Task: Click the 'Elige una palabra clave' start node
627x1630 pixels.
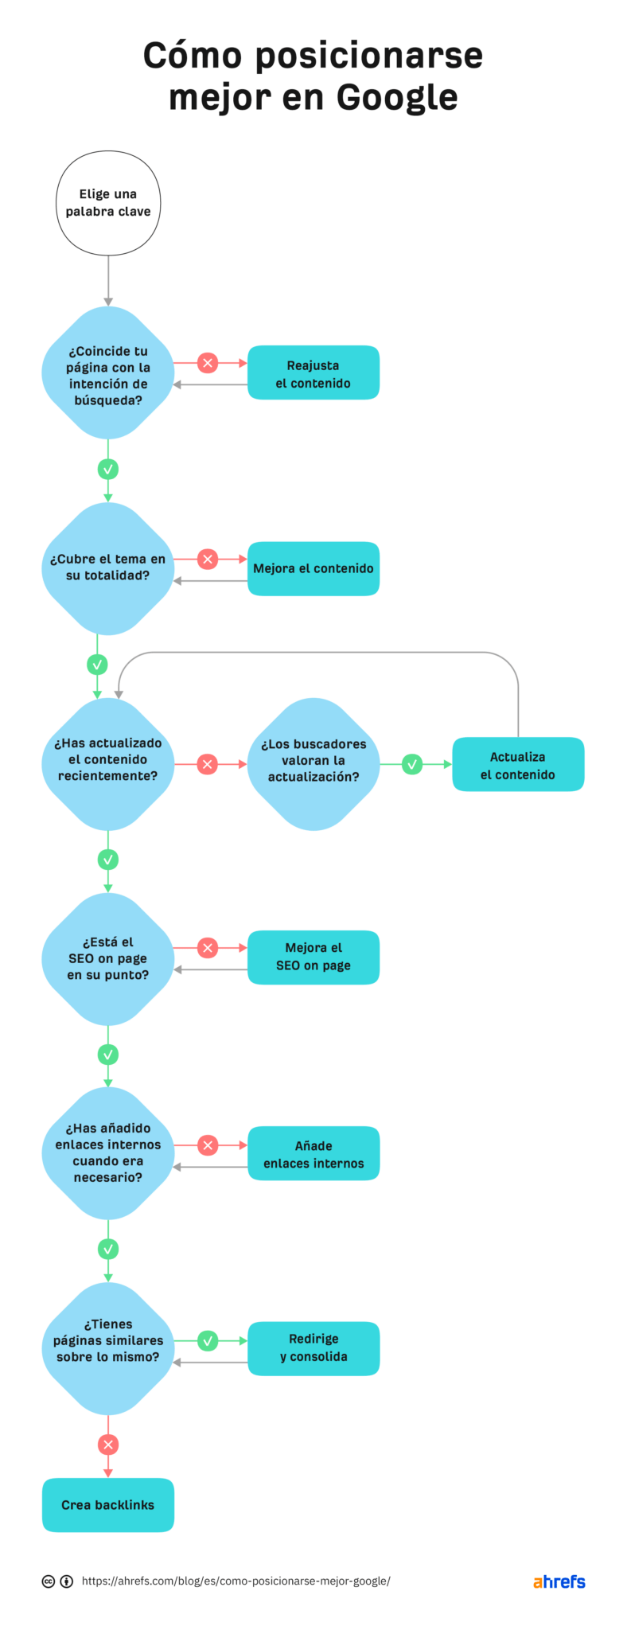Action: tap(108, 203)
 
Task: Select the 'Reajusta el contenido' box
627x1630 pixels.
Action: tap(313, 372)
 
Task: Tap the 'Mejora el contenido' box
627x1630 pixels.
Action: tap(313, 568)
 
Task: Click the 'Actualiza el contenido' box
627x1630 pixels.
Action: tap(518, 764)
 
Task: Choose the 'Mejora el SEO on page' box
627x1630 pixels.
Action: tap(313, 957)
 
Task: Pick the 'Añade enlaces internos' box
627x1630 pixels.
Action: tap(313, 1153)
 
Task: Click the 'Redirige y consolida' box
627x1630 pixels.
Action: tap(313, 1348)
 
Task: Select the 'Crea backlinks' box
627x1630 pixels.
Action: tap(108, 1504)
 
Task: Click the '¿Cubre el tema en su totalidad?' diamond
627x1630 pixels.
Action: tap(108, 568)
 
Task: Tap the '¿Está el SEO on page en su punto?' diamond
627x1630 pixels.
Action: tap(108, 958)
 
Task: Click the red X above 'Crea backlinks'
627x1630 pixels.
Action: tap(108, 1444)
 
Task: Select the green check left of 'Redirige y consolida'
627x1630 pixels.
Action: tap(208, 1340)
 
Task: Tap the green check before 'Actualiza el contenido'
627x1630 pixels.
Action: tap(412, 764)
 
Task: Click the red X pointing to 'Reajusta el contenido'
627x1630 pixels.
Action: tap(208, 363)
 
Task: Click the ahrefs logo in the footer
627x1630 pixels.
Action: tap(559, 1581)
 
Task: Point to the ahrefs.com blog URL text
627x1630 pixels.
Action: tap(236, 1581)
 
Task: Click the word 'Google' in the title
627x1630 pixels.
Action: tap(396, 97)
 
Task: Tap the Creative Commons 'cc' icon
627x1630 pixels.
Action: tap(49, 1581)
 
